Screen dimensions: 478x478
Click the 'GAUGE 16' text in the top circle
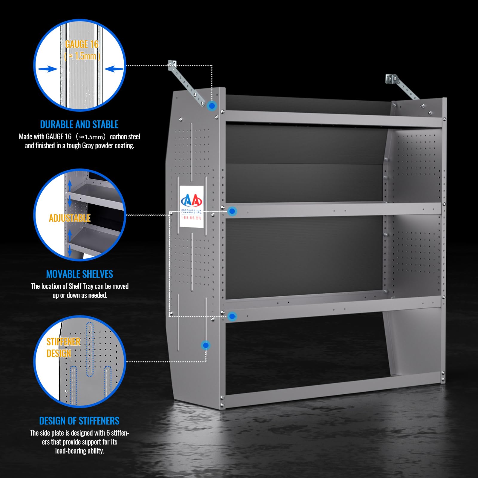point(82,44)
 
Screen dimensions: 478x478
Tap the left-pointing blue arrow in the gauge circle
point(114,69)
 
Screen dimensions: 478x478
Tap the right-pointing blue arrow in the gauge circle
point(48,69)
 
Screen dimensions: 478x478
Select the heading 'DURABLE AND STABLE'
point(79,124)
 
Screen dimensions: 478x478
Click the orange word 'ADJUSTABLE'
point(70,218)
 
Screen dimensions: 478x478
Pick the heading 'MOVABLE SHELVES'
point(79,274)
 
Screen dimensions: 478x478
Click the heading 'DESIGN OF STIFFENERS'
point(79,421)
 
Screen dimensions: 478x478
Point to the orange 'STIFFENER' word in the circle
point(63,342)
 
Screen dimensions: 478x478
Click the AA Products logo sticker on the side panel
point(191,206)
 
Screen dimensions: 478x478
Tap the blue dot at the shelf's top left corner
point(212,106)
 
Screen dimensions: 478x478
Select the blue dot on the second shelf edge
point(232,212)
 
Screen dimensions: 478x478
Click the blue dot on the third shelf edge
point(232,316)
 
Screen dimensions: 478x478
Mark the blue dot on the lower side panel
point(206,345)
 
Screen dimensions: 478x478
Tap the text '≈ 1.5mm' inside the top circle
point(82,56)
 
